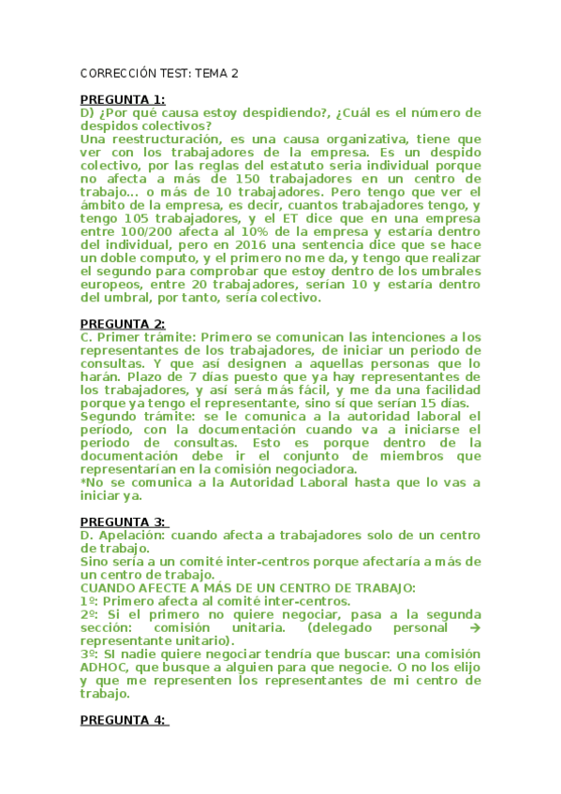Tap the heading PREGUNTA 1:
point(123,100)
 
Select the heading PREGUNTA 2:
point(123,324)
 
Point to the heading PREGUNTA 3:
point(123,522)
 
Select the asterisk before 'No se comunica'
point(83,482)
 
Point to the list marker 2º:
point(89,614)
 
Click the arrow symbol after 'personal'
point(473,627)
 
